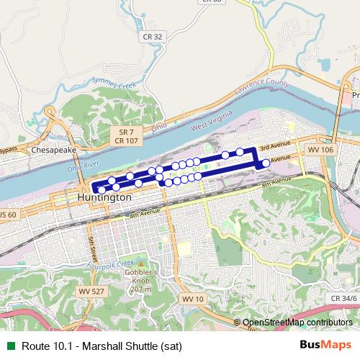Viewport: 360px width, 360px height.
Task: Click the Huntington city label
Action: (x=104, y=196)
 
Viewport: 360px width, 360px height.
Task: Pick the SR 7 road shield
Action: (x=126, y=132)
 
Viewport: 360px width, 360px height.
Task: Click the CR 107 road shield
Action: (x=126, y=141)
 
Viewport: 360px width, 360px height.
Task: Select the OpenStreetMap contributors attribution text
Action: (x=297, y=323)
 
